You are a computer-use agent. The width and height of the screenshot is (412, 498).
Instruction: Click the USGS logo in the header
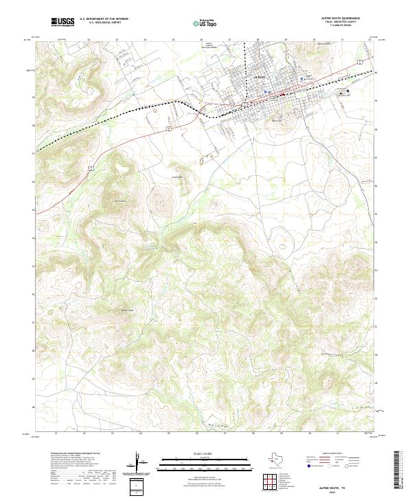(62, 23)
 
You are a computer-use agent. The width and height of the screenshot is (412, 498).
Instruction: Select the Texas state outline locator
(281, 459)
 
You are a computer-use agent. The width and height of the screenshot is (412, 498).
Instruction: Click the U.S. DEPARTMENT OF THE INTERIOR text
(104, 20)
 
